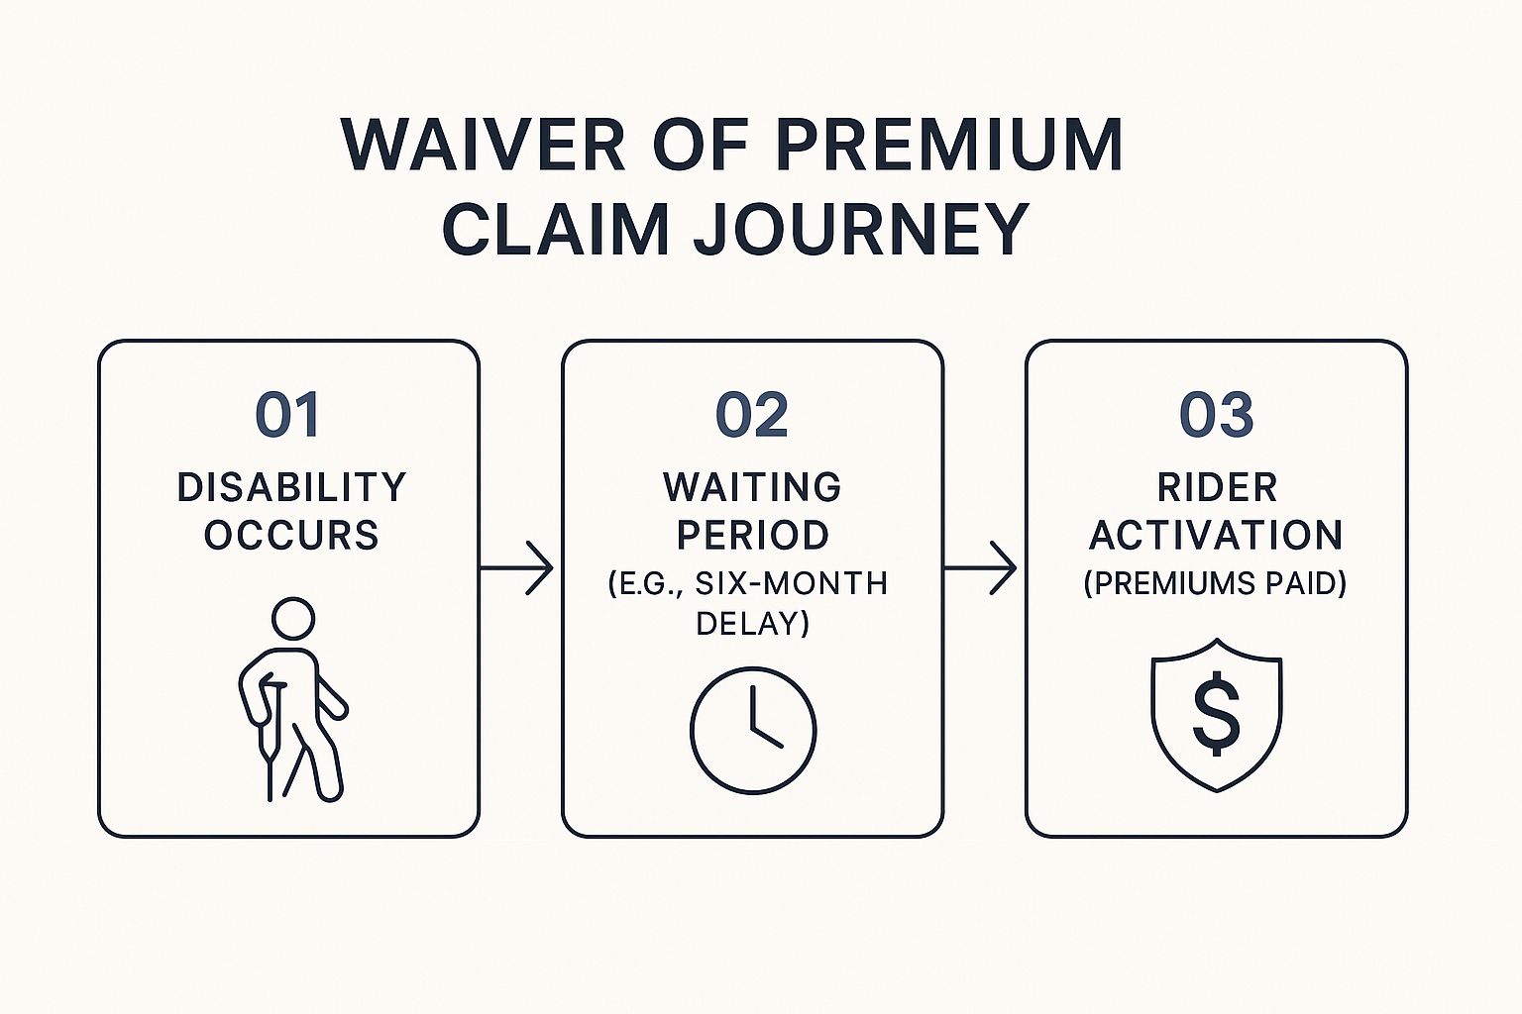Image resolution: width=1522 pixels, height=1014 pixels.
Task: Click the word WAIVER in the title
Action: (x=484, y=146)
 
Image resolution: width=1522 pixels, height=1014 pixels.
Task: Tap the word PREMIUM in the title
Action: (x=948, y=146)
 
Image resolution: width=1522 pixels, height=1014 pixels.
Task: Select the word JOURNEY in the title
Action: (x=860, y=230)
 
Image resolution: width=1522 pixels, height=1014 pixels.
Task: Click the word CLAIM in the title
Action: (x=556, y=230)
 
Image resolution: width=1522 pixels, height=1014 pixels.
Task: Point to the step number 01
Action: (x=287, y=415)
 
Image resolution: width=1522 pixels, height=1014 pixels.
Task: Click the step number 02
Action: (x=752, y=415)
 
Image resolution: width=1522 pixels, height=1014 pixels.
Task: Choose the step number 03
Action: (x=1216, y=415)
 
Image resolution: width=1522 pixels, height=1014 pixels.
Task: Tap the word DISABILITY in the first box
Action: (x=291, y=487)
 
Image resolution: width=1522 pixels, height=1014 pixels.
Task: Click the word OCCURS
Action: (x=291, y=535)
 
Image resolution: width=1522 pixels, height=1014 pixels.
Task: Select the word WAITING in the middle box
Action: (x=752, y=487)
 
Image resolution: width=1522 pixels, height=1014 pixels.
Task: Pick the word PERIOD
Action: (x=752, y=535)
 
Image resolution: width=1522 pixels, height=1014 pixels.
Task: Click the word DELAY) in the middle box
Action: (x=752, y=624)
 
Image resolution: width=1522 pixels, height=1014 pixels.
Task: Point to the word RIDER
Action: (x=1217, y=487)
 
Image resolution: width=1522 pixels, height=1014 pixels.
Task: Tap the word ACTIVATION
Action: (x=1216, y=535)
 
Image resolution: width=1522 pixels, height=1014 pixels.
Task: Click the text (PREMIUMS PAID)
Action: (x=1215, y=583)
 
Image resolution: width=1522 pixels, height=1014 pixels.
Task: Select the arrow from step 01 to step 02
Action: (x=517, y=568)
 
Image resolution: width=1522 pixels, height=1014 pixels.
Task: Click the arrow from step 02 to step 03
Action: (x=981, y=568)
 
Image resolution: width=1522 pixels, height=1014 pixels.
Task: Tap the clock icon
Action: (x=753, y=730)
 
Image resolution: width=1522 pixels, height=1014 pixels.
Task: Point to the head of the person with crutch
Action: (x=292, y=619)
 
